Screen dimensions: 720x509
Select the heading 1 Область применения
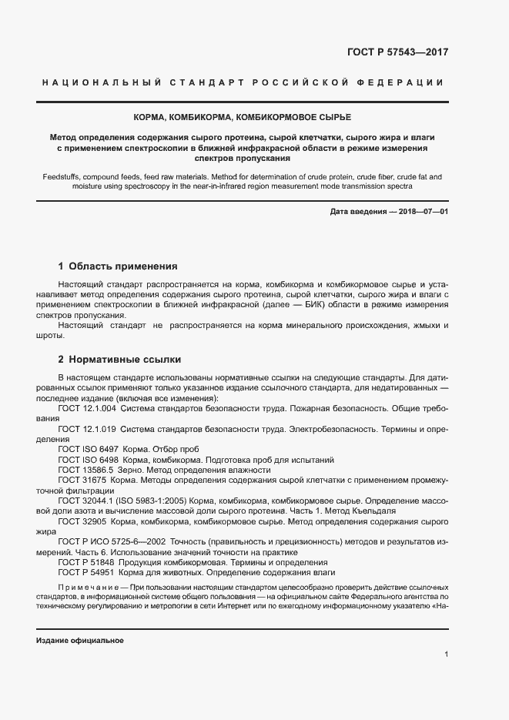tap(118, 266)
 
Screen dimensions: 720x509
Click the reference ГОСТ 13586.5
tap(85, 469)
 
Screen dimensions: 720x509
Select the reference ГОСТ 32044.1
tap(85, 499)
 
